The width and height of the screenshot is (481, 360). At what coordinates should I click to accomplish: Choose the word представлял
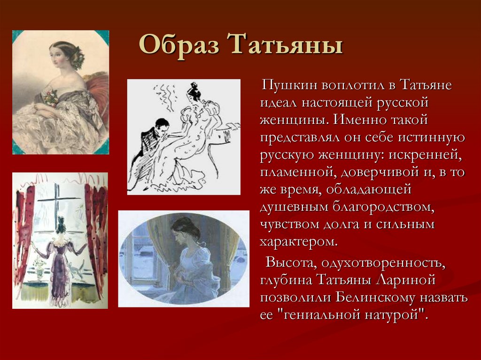[303, 138]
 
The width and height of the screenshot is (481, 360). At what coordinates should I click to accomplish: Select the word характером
[298, 242]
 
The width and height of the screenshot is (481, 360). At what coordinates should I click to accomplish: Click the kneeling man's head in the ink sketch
[162, 126]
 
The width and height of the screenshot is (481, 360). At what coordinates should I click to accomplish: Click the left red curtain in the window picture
[23, 235]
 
